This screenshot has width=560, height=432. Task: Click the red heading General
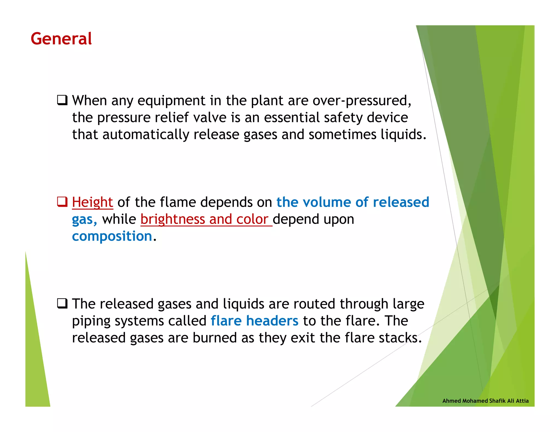pos(61,39)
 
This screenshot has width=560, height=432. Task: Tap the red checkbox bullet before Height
pos(62,202)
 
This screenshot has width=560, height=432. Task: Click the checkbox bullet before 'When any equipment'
pos(62,100)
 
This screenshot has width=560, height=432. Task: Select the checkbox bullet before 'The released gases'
pos(62,303)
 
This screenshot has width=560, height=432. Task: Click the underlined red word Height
pos(92,202)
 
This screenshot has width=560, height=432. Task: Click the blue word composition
pos(112,236)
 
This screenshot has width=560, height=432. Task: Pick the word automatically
pos(146,135)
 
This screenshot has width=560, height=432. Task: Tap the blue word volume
pos(327,202)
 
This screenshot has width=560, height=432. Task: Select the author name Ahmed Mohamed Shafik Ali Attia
pos(485,401)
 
